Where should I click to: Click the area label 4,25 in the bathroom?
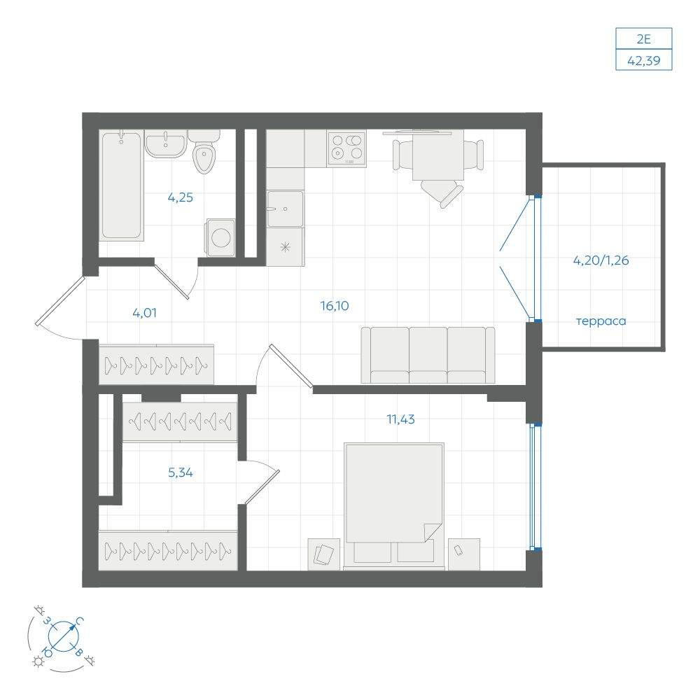coord(181,197)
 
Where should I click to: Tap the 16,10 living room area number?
coord(335,306)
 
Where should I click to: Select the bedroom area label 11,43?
coord(400,419)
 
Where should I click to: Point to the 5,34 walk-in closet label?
coord(181,472)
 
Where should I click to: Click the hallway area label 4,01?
coord(145,313)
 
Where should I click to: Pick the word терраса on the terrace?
coord(601,321)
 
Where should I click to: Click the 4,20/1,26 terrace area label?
coord(601,260)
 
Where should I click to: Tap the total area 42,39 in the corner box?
coord(644,61)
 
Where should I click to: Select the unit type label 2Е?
coord(644,39)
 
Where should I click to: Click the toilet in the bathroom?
coord(204,152)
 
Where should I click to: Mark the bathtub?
coord(121,185)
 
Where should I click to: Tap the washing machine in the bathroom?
coord(220,237)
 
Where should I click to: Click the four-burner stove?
coord(346,148)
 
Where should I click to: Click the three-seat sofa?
coord(428,355)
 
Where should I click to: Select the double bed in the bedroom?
coord(394,506)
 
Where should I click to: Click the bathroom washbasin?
coord(165,143)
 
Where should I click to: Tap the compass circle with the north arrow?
coord(63,636)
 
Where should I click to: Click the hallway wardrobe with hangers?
coord(156,364)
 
